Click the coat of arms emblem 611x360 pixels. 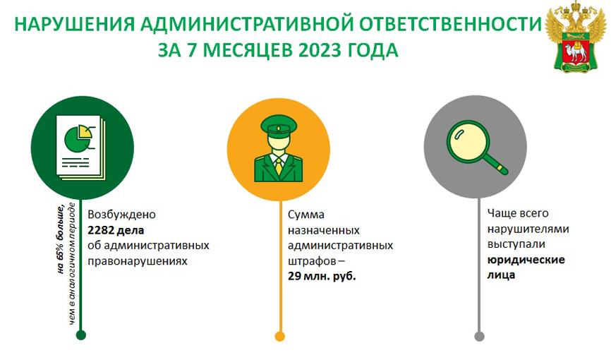[x=576, y=37]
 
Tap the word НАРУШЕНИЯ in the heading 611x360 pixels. [x=74, y=24]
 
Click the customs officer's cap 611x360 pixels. [x=279, y=125]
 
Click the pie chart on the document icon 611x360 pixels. [x=78, y=139]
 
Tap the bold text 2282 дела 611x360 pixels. [x=116, y=230]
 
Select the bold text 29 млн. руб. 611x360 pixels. [x=322, y=276]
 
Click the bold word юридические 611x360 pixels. [x=526, y=259]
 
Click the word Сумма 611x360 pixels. [x=306, y=215]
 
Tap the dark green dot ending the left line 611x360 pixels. [x=81, y=335]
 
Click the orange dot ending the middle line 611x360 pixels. [x=280, y=336]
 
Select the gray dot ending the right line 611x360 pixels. [x=479, y=336]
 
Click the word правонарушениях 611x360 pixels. [x=138, y=261]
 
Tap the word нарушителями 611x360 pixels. [x=528, y=229]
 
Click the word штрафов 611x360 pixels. [x=312, y=261]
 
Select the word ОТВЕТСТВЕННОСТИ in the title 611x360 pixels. [x=450, y=24]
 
